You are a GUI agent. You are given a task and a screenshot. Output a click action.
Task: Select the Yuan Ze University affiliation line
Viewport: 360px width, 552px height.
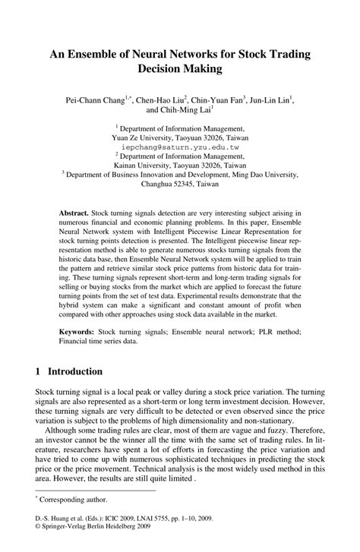[x=179, y=139]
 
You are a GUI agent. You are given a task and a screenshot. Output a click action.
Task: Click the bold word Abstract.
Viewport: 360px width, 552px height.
[x=74, y=214]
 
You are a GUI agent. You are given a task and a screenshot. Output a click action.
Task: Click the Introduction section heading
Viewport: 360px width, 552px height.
[x=74, y=371]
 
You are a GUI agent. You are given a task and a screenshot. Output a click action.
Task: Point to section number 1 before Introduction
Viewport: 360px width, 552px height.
[x=39, y=371]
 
